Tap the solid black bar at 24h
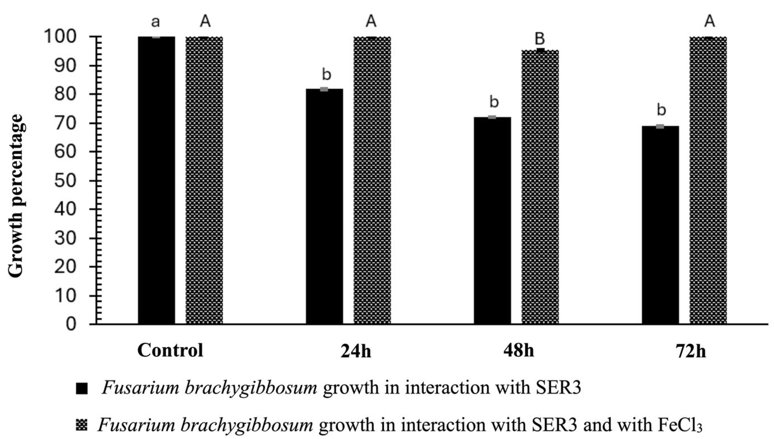click(324, 207)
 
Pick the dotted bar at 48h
click(540, 187)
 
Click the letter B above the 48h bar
click(540, 39)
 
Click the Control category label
click(170, 351)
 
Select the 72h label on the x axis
click(690, 352)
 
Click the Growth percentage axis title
click(15, 195)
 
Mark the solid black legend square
click(82, 389)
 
